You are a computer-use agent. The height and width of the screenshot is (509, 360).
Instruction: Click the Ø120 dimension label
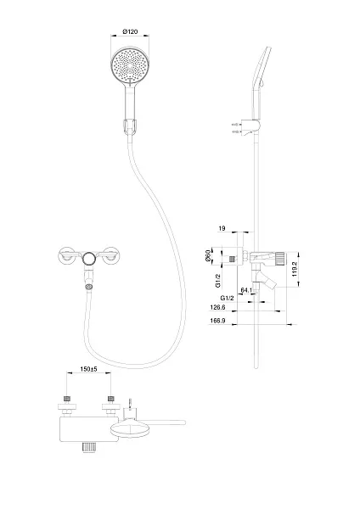pyautogui.click(x=130, y=31)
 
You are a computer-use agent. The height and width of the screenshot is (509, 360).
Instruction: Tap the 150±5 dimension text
pyautogui.click(x=88, y=369)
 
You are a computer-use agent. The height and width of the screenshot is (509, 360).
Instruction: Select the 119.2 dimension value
pyautogui.click(x=295, y=269)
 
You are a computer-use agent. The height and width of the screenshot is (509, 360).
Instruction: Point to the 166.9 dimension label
pyautogui.click(x=217, y=321)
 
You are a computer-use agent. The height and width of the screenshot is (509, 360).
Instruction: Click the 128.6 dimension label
pyautogui.click(x=217, y=307)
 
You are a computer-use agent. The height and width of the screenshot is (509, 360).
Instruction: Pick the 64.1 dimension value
pyautogui.click(x=246, y=290)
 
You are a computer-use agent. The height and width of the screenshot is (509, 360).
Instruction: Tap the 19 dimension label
pyautogui.click(x=222, y=228)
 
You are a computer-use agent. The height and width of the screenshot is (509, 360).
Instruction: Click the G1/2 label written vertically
pyautogui.click(x=218, y=281)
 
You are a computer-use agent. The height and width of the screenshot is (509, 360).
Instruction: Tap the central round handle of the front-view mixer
pyautogui.click(x=89, y=259)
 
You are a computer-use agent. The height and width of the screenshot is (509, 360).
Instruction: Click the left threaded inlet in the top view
pyautogui.click(x=67, y=399)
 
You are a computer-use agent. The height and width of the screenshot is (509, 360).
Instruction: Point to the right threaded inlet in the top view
pyautogui.click(x=110, y=399)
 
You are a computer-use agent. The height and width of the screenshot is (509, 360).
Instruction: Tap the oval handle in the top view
pyautogui.click(x=131, y=429)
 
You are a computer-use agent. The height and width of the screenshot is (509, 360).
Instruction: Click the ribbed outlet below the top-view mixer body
pyautogui.click(x=88, y=447)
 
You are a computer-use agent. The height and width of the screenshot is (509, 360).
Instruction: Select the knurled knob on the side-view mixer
pyautogui.click(x=280, y=259)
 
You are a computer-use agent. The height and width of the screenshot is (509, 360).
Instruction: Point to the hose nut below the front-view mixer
pyautogui.click(x=89, y=287)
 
